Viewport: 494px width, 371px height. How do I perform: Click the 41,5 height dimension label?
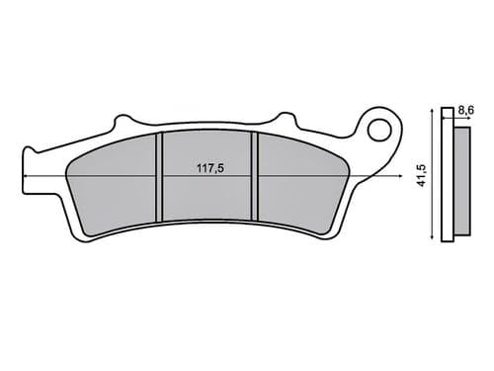[424, 175]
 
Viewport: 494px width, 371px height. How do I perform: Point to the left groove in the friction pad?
[160, 178]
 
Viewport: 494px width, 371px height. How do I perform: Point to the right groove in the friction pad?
[254, 178]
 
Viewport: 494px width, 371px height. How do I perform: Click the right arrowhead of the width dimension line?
[391, 176]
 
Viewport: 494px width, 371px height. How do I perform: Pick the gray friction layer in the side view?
[461, 176]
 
